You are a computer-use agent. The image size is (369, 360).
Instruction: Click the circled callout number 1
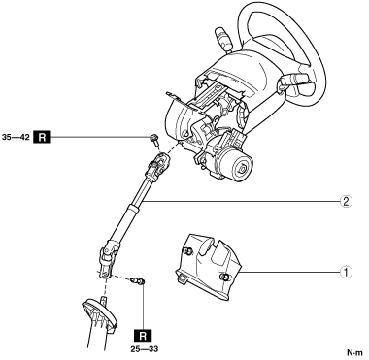point(346,272)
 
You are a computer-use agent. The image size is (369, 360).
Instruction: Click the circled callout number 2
point(346,202)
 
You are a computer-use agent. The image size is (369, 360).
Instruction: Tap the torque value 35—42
point(16,137)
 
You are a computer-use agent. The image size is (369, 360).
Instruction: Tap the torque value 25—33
point(145,349)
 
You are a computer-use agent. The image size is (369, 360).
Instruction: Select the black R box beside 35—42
point(42,137)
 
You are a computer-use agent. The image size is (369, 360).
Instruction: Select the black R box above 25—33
point(143,335)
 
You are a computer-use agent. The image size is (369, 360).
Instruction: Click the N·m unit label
point(355,352)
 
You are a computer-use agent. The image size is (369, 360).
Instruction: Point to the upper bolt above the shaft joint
point(154,140)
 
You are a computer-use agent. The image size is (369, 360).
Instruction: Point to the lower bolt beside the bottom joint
point(138,280)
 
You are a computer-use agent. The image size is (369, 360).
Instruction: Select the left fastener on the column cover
point(187,251)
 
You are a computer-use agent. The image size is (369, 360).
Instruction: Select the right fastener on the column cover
point(223,277)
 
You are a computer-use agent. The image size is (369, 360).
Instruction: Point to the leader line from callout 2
point(241,202)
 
